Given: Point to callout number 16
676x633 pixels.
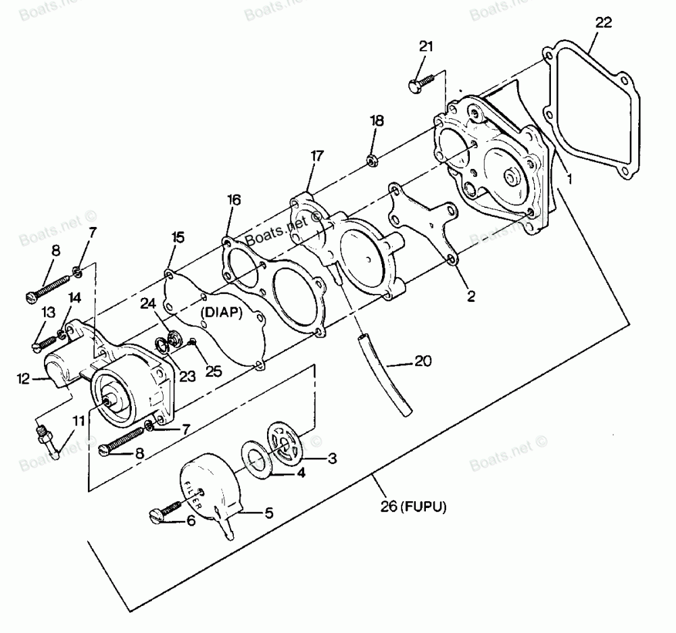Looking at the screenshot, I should point(233,200).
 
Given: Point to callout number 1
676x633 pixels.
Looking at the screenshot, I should point(569,180).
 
